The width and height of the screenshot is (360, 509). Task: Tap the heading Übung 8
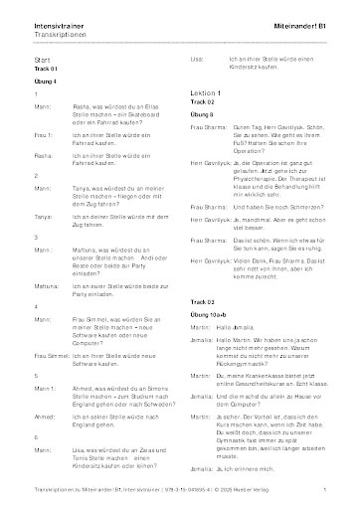click(201, 115)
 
